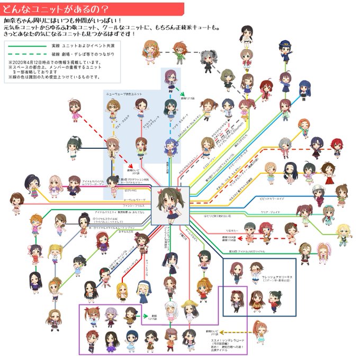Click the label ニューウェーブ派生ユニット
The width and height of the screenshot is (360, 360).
(x=126, y=94)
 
